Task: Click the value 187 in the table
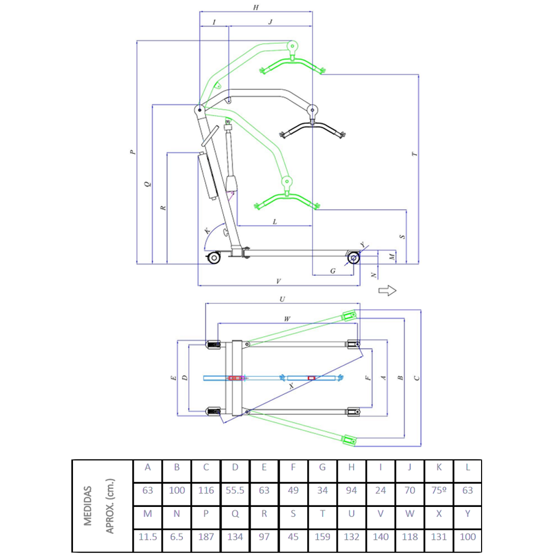tap(206, 537)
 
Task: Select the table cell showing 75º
tap(438, 490)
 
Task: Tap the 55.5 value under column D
tap(235, 490)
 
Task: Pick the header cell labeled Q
tap(235, 514)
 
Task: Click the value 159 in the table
tap(322, 537)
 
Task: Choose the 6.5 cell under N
tap(177, 537)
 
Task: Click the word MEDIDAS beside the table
tap(88, 506)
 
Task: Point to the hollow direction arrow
tap(387, 290)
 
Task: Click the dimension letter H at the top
tap(256, 7)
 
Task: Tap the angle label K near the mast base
tap(207, 232)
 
